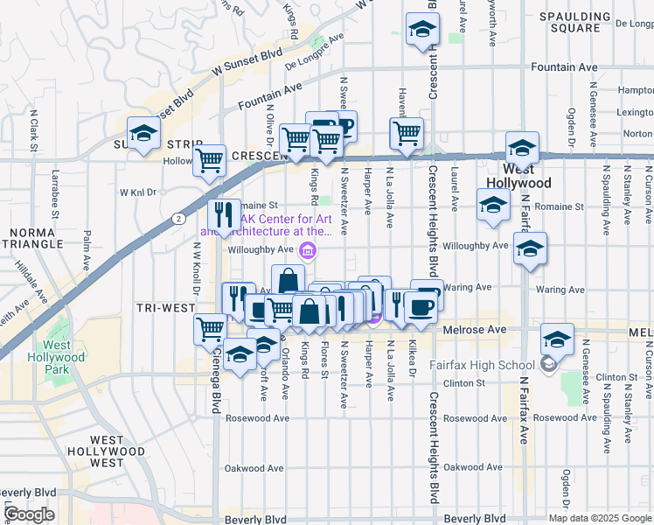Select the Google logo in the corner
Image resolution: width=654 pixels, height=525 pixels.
coord(29,515)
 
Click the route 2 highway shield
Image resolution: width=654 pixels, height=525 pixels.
coord(178,217)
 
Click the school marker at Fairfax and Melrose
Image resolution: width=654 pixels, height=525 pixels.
coord(556,339)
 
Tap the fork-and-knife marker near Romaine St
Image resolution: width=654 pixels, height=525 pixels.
coord(224,214)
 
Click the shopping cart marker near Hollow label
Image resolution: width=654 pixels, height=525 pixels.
coord(210,160)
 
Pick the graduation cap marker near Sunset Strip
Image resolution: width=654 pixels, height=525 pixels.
coord(143,134)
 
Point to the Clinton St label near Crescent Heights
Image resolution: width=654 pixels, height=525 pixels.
coord(463,383)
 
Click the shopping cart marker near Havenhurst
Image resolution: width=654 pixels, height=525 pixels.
coord(406,134)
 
